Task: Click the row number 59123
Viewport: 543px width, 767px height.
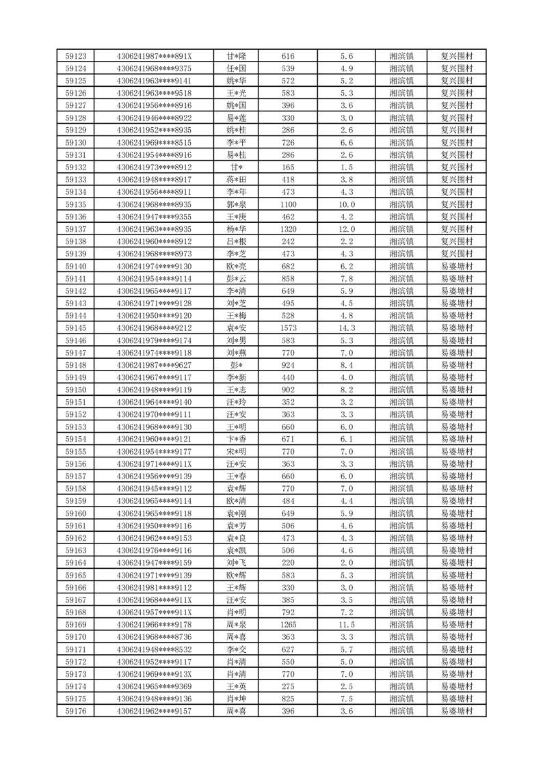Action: point(75,56)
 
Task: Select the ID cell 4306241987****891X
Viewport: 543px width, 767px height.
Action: point(155,56)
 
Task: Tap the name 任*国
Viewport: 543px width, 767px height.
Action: point(237,68)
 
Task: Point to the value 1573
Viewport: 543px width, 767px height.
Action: point(288,328)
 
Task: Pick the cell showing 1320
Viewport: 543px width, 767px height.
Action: point(288,229)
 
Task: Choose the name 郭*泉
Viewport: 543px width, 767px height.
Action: point(237,204)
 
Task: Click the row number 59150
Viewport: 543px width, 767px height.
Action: point(75,390)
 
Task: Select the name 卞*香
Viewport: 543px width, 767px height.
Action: point(237,439)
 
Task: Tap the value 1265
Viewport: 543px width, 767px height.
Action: point(288,625)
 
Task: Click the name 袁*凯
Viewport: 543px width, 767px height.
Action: point(237,550)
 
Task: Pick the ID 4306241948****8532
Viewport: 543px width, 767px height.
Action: point(155,649)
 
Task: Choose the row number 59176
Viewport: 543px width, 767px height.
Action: point(75,711)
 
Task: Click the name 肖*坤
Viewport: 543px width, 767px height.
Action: point(237,699)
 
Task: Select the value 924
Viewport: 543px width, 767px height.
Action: point(288,365)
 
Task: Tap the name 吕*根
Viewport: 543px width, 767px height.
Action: point(237,241)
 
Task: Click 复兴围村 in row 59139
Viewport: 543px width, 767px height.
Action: point(457,254)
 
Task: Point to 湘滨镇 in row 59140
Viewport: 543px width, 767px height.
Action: point(401,266)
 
